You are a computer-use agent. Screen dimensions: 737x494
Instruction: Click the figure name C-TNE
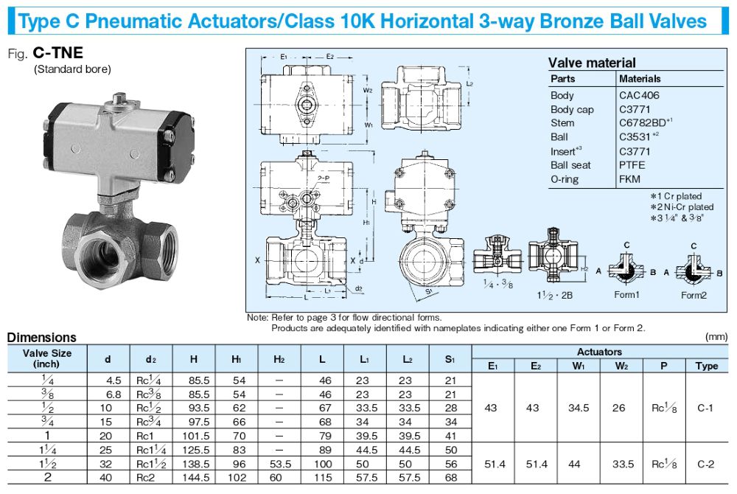point(57,52)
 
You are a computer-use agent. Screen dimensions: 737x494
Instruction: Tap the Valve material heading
point(591,63)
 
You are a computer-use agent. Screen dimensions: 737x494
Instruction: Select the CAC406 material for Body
point(639,95)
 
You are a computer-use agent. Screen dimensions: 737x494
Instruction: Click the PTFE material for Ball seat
point(632,165)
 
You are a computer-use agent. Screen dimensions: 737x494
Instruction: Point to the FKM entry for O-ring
point(629,179)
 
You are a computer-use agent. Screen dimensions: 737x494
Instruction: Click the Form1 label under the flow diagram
point(626,295)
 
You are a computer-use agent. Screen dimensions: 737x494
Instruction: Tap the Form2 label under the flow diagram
point(694,295)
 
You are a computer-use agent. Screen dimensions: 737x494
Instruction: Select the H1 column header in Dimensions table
point(237,359)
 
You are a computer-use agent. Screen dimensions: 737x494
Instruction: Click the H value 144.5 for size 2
point(196,478)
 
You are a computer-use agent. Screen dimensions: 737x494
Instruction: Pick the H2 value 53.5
point(280,464)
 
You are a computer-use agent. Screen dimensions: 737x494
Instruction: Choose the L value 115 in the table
point(323,478)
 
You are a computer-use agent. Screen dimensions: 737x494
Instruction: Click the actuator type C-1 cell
point(705,408)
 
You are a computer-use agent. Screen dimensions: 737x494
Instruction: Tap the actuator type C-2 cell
point(705,465)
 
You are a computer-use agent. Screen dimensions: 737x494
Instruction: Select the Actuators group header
point(599,352)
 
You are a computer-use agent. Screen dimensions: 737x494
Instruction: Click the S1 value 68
point(451,478)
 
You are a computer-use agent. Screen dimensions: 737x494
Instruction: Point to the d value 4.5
point(113,380)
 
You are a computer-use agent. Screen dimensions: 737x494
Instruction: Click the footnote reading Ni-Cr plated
point(682,206)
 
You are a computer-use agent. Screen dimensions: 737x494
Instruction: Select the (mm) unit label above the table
point(716,336)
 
